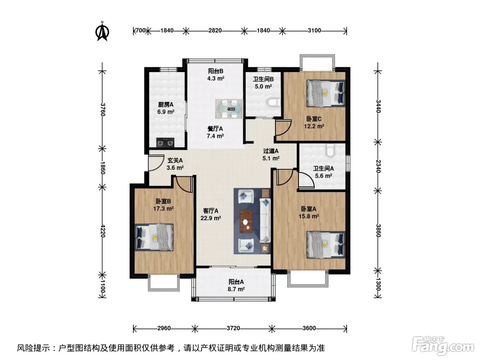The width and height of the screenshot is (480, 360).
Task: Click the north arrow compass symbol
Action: (x=102, y=32)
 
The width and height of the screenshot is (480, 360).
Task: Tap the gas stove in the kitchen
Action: (x=165, y=143)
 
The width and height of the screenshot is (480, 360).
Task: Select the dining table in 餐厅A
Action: (x=229, y=109)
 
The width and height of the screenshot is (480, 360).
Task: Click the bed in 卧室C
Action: (x=326, y=93)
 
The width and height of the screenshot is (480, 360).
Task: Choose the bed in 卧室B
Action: (x=154, y=237)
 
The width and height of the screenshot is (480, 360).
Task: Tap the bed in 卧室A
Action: (x=326, y=245)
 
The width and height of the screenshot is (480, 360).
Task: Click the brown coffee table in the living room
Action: (x=246, y=221)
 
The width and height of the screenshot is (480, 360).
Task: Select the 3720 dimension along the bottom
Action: (x=233, y=328)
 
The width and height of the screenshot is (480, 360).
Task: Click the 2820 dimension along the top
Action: (x=215, y=31)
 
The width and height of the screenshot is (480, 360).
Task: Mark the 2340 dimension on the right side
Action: (x=378, y=166)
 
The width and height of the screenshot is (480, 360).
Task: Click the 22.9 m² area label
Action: (x=211, y=218)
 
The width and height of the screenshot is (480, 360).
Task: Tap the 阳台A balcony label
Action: (x=236, y=282)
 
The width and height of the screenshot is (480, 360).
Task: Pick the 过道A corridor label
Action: (x=271, y=151)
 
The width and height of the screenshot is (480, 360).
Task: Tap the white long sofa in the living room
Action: (x=265, y=220)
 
